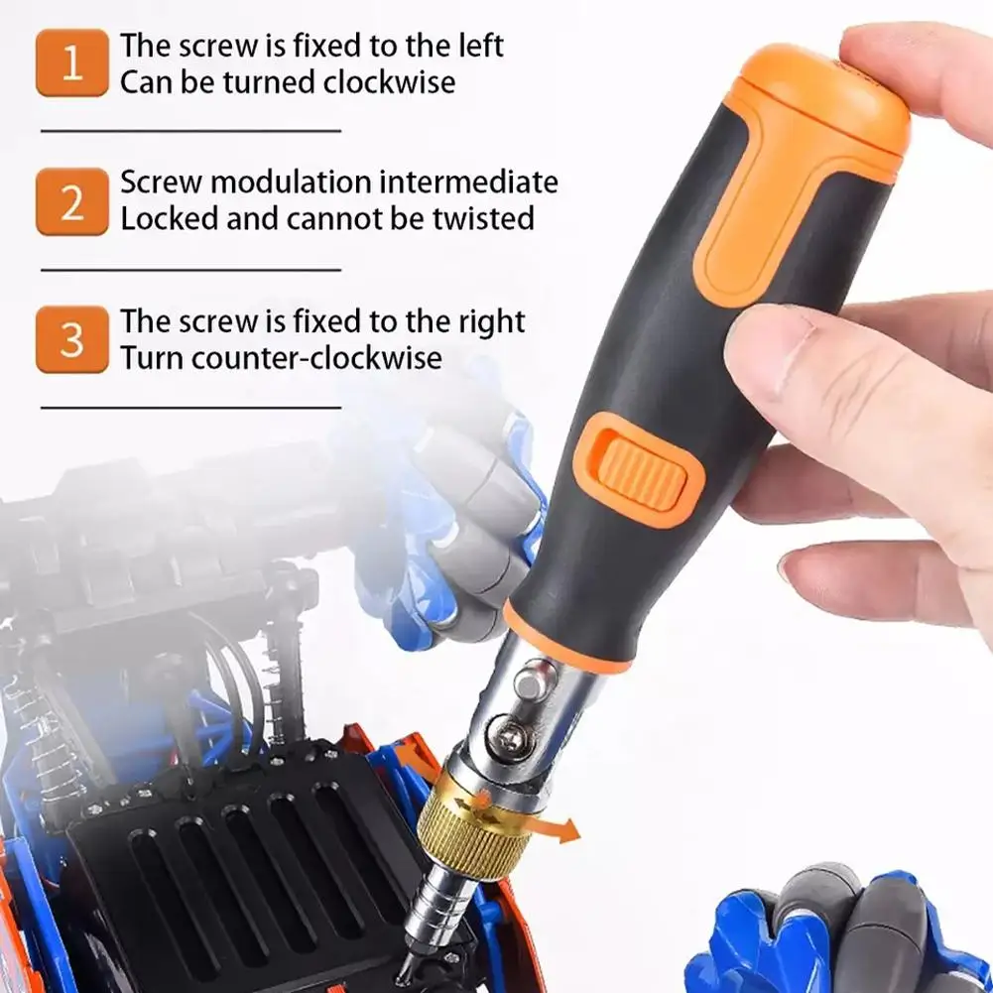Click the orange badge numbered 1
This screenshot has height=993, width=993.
(x=72, y=62)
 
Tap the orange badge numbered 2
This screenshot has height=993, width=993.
(x=72, y=202)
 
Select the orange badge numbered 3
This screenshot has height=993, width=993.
(x=72, y=339)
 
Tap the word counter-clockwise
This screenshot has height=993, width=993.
(x=316, y=357)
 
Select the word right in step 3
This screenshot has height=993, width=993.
(x=491, y=321)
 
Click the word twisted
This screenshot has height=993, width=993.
(x=484, y=218)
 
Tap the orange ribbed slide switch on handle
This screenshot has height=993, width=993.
(x=641, y=469)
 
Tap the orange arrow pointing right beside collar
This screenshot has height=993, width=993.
(x=557, y=827)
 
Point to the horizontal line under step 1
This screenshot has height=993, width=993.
(x=191, y=131)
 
